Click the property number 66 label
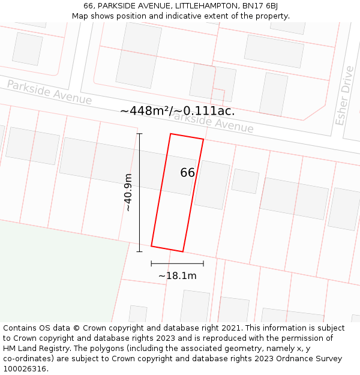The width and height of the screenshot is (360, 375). (187, 173)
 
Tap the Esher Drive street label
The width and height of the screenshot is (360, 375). (345, 103)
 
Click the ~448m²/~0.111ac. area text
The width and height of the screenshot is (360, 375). (178, 111)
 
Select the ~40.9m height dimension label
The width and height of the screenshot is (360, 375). (128, 192)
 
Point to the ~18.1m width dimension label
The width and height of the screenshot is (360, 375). (177, 276)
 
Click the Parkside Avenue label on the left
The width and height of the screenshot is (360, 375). (49, 92)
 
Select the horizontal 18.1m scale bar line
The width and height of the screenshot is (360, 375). (177, 263)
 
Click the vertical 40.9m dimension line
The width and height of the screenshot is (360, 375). (139, 192)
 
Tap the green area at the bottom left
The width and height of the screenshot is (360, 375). (54, 270)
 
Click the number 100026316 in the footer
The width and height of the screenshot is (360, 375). (25, 369)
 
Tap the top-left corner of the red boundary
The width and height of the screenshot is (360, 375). (171, 134)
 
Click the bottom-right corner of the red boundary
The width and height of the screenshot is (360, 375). (182, 251)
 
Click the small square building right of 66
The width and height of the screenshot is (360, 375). (245, 181)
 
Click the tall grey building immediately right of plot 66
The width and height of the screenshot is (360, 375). (212, 184)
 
